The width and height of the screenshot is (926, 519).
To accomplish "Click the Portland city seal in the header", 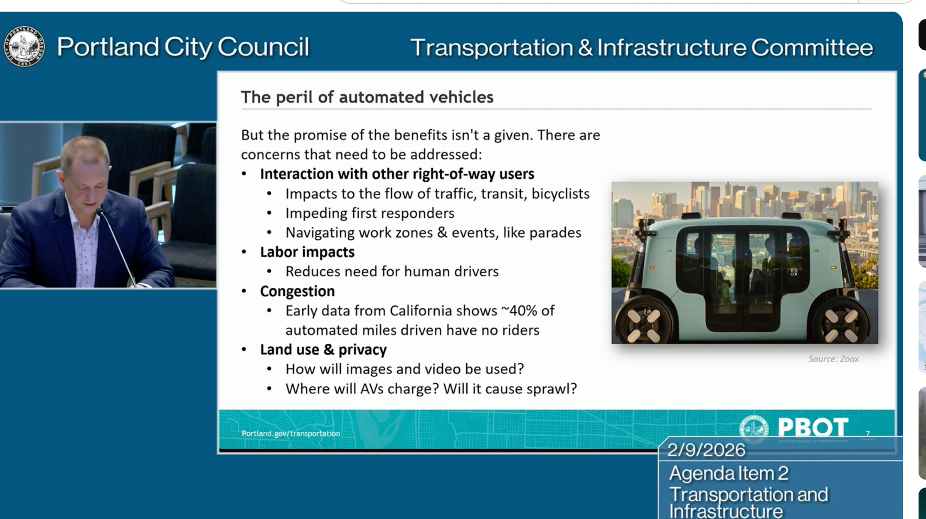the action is coord(24,46).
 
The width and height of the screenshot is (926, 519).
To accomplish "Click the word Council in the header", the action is coord(263,47).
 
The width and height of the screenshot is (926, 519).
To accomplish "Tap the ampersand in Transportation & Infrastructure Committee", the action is coord(585,47).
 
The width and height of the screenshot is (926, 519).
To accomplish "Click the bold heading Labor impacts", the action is coord(307,252).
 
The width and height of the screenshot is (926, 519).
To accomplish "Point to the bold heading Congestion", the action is coord(297,291).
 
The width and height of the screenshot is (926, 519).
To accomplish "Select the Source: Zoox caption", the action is coord(833,359).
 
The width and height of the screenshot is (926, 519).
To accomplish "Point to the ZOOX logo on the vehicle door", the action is coord(794,272).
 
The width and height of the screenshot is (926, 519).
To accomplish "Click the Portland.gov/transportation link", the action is coord(291,433).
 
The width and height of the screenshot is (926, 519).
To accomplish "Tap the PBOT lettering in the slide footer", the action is coord(813,426).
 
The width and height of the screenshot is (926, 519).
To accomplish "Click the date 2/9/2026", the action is coord(706,450).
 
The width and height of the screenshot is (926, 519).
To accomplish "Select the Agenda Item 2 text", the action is coord(729,473).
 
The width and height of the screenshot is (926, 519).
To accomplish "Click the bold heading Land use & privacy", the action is coord(323,349).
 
